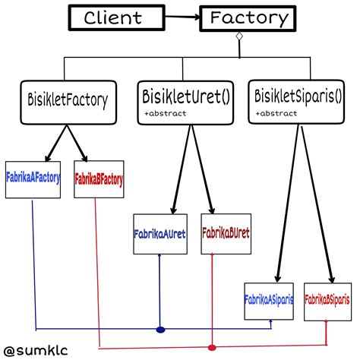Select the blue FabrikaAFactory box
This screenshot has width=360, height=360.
pos(33,180)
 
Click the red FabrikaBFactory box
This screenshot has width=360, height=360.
pos(99,180)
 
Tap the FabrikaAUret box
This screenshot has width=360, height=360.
pos(159,232)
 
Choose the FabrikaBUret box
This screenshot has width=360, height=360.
pos(226,232)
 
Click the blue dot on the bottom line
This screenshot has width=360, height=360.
pos(160,330)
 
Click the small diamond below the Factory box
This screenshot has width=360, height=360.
pos(239,37)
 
